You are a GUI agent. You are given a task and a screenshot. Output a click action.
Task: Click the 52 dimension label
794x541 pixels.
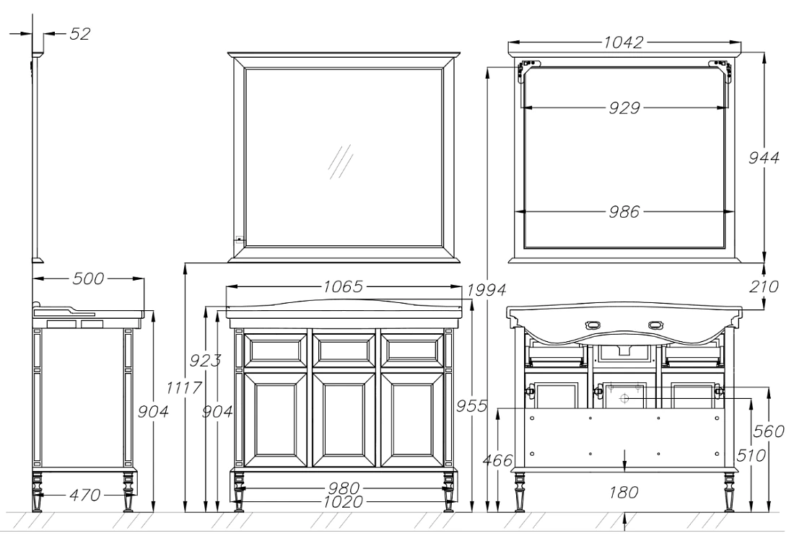(x=79, y=34)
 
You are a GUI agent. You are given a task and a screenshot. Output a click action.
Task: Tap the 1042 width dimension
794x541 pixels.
(x=623, y=42)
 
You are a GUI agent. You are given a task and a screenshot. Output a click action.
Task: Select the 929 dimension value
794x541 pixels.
(x=624, y=107)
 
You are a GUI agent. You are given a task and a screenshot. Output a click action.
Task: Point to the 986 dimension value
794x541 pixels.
(x=624, y=211)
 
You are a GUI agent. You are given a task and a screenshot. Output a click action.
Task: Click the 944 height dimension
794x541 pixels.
(x=764, y=158)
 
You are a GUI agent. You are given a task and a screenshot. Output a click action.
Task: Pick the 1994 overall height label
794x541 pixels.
(x=486, y=290)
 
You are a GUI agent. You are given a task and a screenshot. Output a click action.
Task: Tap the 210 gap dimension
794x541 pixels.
(x=764, y=287)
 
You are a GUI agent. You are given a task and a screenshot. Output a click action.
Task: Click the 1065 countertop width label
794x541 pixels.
(x=344, y=287)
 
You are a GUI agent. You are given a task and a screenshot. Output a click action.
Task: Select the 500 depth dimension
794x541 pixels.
(x=88, y=278)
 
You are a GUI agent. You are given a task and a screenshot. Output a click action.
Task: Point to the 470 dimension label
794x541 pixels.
(x=84, y=494)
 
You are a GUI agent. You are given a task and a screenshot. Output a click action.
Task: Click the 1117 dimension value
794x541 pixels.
(x=184, y=388)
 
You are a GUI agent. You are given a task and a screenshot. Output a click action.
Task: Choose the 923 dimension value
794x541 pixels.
(x=205, y=361)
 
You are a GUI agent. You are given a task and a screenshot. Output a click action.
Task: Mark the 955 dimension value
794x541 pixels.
(x=471, y=406)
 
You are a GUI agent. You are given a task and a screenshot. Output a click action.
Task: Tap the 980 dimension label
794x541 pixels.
(x=344, y=488)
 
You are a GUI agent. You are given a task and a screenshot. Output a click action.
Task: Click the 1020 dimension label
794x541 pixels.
(x=344, y=501)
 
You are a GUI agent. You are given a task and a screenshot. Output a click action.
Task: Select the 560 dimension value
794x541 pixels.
(x=769, y=431)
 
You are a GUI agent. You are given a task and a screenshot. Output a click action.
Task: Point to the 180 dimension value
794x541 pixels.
(x=624, y=492)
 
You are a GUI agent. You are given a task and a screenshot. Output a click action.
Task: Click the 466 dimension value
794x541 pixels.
(x=497, y=460)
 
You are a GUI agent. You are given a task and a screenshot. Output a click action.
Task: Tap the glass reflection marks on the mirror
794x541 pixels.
(x=340, y=162)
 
